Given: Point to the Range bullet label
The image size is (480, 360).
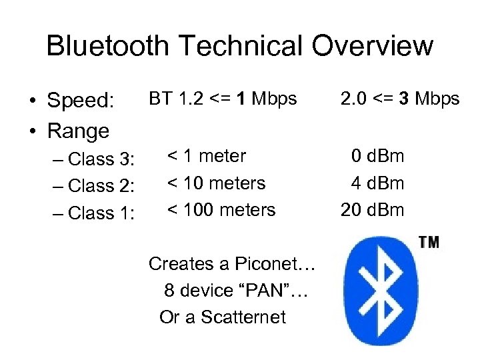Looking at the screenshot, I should (78, 130).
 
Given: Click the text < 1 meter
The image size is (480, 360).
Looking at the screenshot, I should (207, 157).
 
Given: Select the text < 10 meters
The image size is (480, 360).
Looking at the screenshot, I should (216, 183).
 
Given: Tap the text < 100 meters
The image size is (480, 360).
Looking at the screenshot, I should (221, 210).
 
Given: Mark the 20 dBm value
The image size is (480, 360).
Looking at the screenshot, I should (373, 210).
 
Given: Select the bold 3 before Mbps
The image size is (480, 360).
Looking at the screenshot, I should (404, 99).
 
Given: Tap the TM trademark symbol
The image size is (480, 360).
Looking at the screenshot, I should (429, 243).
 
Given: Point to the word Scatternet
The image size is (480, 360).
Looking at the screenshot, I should (244, 317).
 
